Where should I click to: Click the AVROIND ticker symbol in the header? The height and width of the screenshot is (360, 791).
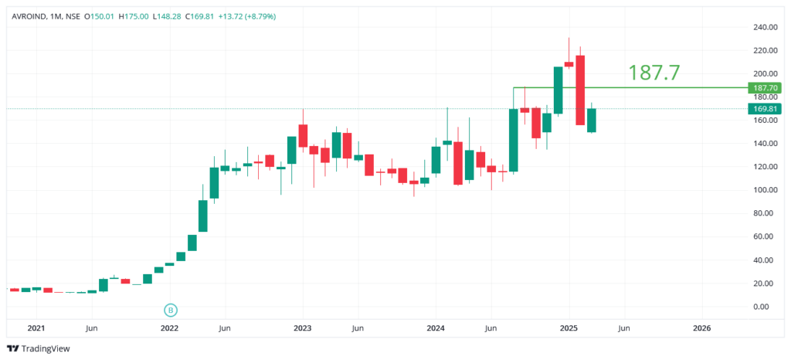pyautogui.click(x=25, y=16)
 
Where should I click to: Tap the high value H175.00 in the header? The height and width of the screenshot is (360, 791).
pyautogui.click(x=134, y=16)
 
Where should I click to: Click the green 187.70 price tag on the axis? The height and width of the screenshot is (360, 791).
pyautogui.click(x=764, y=88)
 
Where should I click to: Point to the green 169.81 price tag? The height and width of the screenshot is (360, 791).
pyautogui.click(x=764, y=109)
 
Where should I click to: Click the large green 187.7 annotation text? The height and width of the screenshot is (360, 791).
pyautogui.click(x=654, y=73)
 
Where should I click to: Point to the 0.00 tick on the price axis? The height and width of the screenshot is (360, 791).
pyautogui.click(x=766, y=307)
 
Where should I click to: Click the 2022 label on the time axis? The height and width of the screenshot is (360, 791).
pyautogui.click(x=169, y=328)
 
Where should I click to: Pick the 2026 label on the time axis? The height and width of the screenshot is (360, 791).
pyautogui.click(x=701, y=328)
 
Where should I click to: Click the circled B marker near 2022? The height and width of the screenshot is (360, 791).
pyautogui.click(x=171, y=310)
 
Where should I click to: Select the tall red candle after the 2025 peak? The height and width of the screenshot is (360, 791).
pyautogui.click(x=580, y=90)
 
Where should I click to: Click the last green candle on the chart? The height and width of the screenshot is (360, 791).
pyautogui.click(x=592, y=120)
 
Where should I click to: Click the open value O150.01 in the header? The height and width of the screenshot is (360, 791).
pyautogui.click(x=100, y=16)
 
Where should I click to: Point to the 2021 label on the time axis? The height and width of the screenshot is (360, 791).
pyautogui.click(x=36, y=328)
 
